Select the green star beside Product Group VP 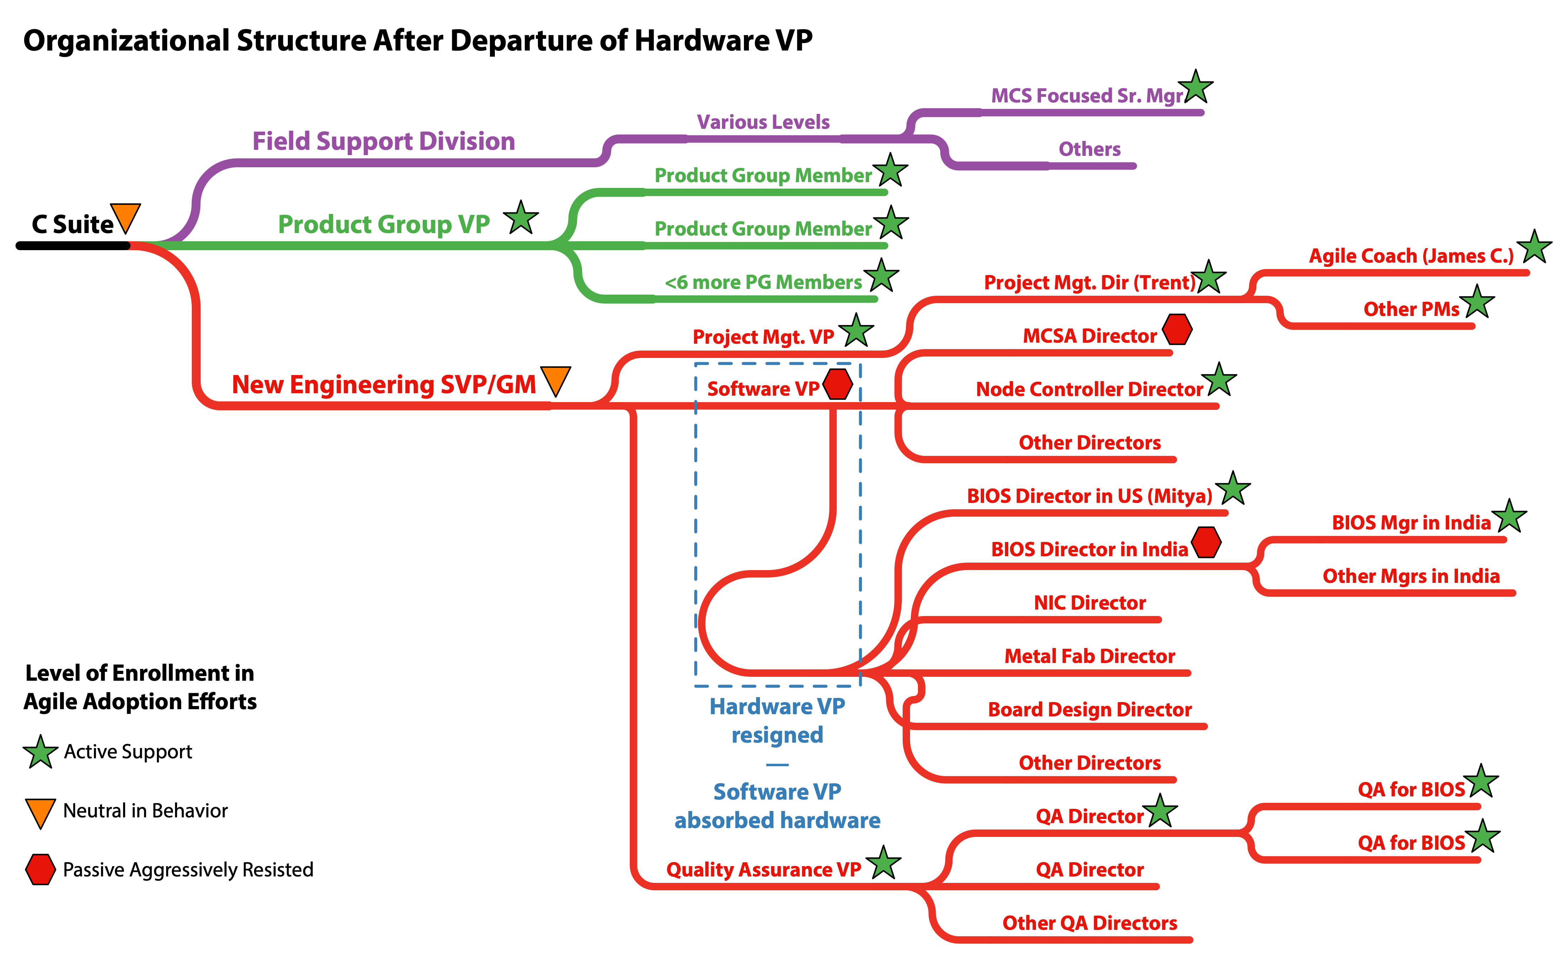(x=521, y=218)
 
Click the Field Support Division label (x=384, y=141)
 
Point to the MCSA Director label (x=1089, y=336)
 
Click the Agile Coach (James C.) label (x=1411, y=256)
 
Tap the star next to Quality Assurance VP (x=883, y=863)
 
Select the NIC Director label (x=1089, y=602)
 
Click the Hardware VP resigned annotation (x=777, y=720)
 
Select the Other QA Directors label (x=1089, y=923)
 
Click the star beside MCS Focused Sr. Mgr (x=1196, y=88)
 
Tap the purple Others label (x=1089, y=149)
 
